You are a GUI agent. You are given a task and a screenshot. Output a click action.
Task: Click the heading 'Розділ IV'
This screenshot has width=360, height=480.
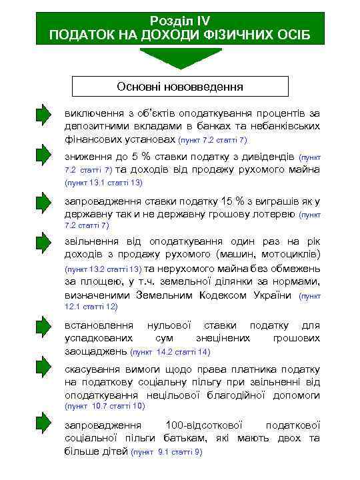[x=180, y=21]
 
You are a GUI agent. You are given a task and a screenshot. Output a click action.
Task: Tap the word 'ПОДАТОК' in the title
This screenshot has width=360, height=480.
[x=81, y=34]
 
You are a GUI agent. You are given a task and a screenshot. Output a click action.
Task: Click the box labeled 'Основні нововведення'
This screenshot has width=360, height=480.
[x=180, y=87]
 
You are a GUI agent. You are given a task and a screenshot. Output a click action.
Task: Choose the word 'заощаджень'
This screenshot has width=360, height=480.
[x=96, y=351]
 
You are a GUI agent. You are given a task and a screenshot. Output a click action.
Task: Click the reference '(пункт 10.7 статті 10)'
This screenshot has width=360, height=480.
[x=105, y=405]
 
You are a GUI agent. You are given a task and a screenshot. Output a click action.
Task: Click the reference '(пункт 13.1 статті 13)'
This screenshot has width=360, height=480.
[x=105, y=182]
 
